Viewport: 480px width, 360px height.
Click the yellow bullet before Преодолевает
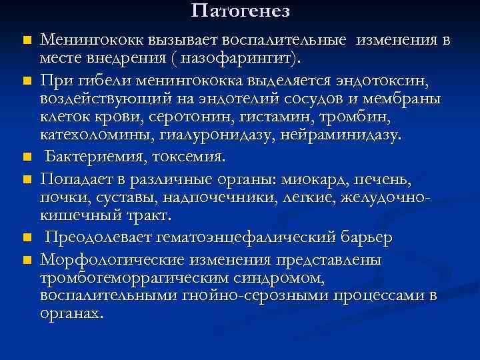(26, 238)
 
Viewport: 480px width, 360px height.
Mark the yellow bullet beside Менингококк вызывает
(26, 41)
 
